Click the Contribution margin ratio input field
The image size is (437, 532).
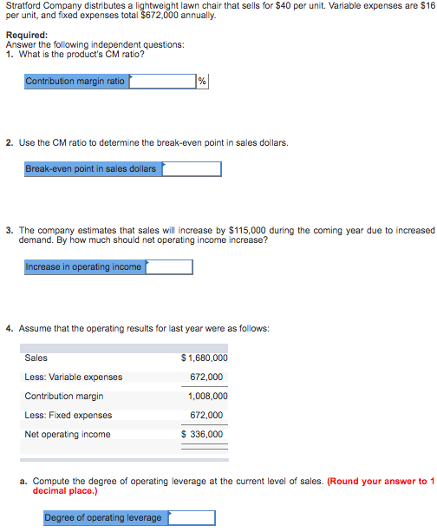pyautogui.click(x=162, y=82)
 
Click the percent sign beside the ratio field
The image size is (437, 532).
pyautogui.click(x=202, y=82)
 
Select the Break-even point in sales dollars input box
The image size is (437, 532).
pyautogui.click(x=191, y=168)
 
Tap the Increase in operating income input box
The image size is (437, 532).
pyautogui.click(x=169, y=267)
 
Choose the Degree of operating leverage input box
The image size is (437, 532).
pyautogui.click(x=192, y=518)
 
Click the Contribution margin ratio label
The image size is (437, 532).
pyautogui.click(x=76, y=82)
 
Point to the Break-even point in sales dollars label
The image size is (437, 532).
pyautogui.click(x=91, y=168)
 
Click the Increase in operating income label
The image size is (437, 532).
pyautogui.click(x=84, y=267)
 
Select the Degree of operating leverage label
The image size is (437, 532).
pyautogui.click(x=103, y=518)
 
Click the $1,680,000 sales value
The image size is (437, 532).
pyautogui.click(x=205, y=358)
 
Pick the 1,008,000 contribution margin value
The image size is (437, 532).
pyautogui.click(x=208, y=396)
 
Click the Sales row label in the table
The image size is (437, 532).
pyautogui.click(x=36, y=358)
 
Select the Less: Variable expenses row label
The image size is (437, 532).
pyautogui.click(x=74, y=377)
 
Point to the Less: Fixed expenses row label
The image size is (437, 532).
pyautogui.click(x=68, y=415)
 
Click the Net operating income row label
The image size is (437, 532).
pyautogui.click(x=68, y=434)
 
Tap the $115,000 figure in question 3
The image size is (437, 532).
pyautogui.click(x=248, y=230)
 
